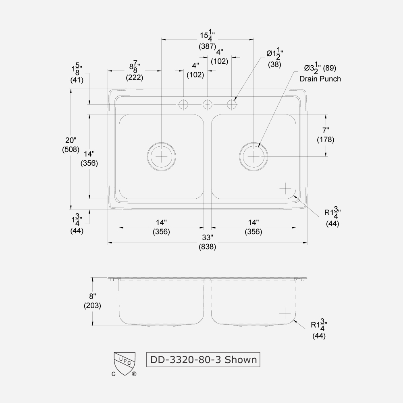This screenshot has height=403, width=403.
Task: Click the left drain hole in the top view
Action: pyautogui.click(x=161, y=156)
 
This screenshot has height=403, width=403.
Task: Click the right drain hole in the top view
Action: pyautogui.click(x=253, y=156)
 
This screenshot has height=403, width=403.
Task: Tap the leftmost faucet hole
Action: pyautogui.click(x=183, y=105)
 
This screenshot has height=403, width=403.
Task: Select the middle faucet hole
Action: pyautogui.click(x=208, y=105)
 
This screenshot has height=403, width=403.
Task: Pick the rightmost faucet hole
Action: pyautogui.click(x=232, y=105)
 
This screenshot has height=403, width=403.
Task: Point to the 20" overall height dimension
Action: pyautogui.click(x=71, y=140)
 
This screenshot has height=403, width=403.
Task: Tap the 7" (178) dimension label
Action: pyautogui.click(x=325, y=130)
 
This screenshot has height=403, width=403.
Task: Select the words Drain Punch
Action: pyautogui.click(x=320, y=79)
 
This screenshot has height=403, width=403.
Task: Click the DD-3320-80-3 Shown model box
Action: pyautogui.click(x=203, y=359)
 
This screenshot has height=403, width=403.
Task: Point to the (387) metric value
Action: pyautogui.click(x=207, y=46)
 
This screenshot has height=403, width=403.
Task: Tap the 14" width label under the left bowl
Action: pyautogui.click(x=161, y=222)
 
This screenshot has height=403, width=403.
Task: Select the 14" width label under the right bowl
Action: pyautogui.click(x=253, y=222)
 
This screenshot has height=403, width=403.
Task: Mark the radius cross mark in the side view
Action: pyautogui.click(x=285, y=313)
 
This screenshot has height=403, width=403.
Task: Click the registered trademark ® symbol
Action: pyautogui.click(x=134, y=374)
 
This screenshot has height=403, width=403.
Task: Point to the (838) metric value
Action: pyautogui.click(x=207, y=247)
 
